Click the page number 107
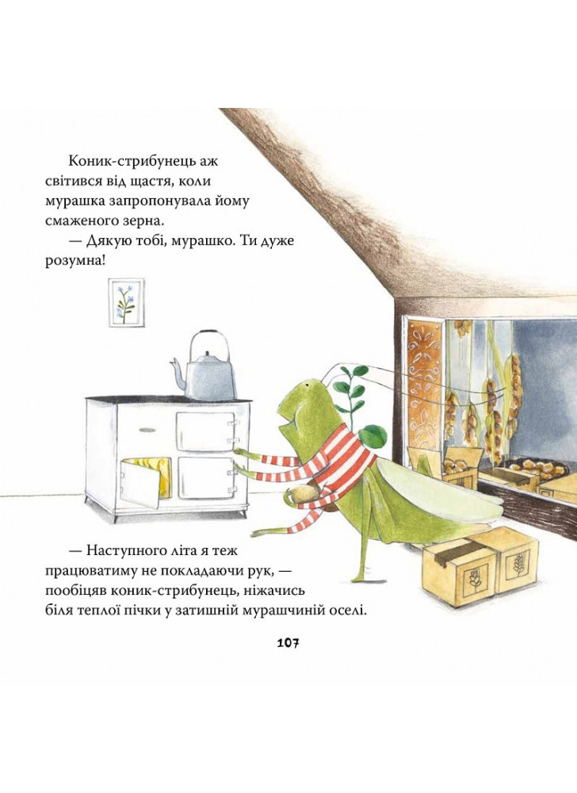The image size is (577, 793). point(288,643)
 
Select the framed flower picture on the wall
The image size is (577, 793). point(126,302)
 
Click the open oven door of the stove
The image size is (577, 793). point(140,481)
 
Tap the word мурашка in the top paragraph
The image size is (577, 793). point(75,201)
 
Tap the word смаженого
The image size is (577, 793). point(84,221)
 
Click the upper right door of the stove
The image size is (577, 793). point(205,431)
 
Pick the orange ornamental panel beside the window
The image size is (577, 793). point(424,388)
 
